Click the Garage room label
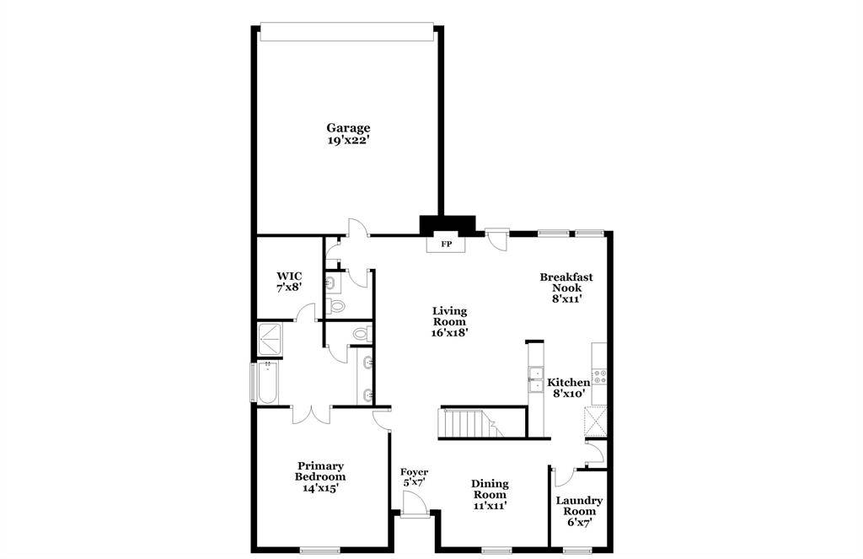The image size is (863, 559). pos(348,128)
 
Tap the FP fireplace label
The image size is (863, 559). pos(447,244)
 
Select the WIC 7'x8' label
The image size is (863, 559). pos(289,281)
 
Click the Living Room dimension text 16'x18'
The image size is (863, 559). pos(450,332)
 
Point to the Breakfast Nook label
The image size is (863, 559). pos(566,282)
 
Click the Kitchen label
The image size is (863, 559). pos(569,382)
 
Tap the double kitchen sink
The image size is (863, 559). pos(535,379)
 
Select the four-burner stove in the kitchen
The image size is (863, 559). pos(599,377)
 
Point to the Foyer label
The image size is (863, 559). pos(414,472)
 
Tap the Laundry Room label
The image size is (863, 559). pos(579,506)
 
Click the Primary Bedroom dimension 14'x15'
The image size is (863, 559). pos(320,487)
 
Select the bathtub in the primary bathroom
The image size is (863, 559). pos(268,382)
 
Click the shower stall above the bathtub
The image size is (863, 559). pos(270,339)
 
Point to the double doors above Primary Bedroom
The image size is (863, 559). pos(312,415)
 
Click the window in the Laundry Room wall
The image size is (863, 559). pos(577,550)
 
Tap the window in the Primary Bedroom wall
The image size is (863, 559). pos(319,550)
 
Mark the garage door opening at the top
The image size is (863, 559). pos(346,31)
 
